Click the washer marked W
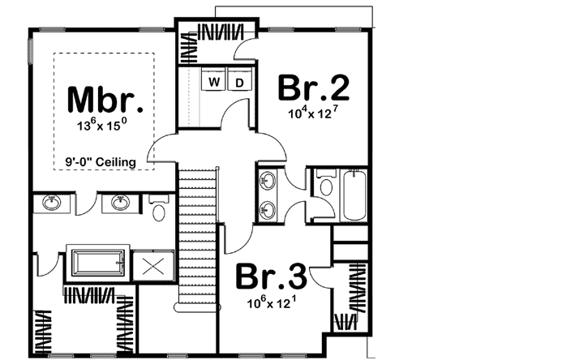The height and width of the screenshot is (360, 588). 216,82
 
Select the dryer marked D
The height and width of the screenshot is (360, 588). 239,82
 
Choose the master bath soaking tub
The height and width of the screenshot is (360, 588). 97,264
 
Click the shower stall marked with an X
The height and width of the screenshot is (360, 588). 151,265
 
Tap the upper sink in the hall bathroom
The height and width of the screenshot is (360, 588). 267,181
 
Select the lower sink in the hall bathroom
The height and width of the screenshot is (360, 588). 267,211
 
